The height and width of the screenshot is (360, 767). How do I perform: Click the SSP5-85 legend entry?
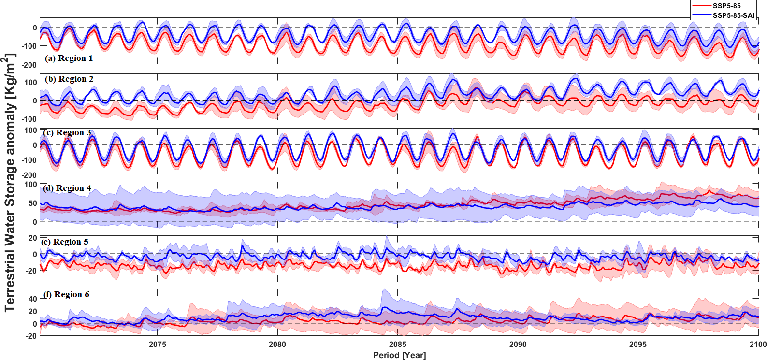(726, 6)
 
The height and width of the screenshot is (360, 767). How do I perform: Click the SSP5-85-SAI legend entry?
(733, 15)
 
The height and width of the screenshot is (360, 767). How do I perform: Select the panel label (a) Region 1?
(69, 58)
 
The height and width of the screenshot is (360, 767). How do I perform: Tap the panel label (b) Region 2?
(69, 79)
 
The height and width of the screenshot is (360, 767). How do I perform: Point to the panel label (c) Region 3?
(67, 132)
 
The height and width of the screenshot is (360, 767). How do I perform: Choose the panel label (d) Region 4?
(67, 188)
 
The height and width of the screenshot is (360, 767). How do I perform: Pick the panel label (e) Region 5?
(65, 242)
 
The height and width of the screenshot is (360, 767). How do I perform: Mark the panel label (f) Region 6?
(66, 294)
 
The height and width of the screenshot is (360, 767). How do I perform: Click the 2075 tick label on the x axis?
(157, 345)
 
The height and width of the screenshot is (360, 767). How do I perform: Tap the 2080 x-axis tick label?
(277, 345)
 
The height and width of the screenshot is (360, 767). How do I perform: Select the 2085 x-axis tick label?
(398, 345)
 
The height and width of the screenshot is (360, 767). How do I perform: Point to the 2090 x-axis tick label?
(518, 345)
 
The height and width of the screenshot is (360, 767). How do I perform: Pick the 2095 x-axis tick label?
(638, 345)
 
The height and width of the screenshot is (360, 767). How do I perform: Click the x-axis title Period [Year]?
(399, 355)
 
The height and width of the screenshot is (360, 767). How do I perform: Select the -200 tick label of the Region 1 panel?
(29, 65)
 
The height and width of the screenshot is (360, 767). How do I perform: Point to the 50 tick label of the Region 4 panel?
(32, 203)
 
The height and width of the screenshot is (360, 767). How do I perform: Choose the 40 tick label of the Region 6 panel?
(32, 299)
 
